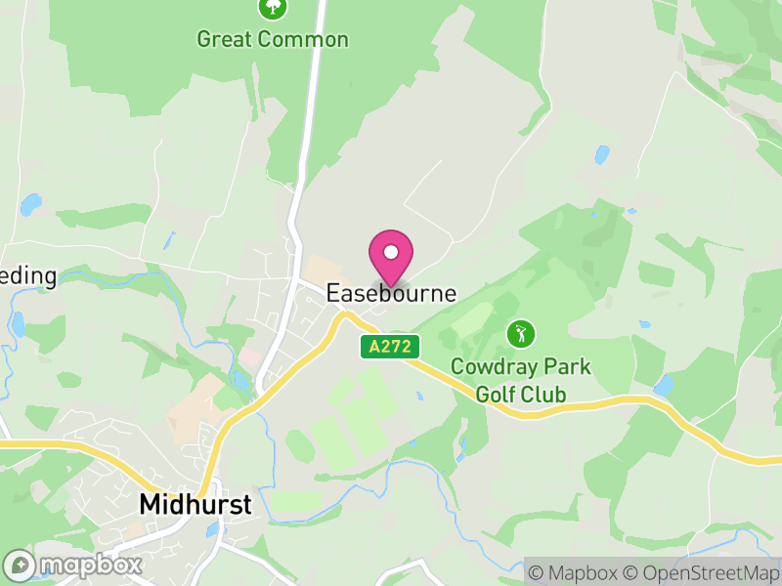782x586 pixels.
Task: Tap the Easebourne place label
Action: (391, 293)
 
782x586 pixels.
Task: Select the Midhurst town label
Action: (195, 504)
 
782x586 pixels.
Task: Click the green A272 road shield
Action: (390, 346)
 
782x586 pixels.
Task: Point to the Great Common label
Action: (272, 40)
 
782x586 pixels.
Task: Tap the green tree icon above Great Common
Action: (272, 8)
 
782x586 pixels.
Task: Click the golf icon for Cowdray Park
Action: (521, 334)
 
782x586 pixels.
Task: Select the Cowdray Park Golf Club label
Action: (520, 381)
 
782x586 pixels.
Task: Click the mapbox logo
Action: (73, 565)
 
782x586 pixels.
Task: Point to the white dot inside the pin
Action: (391, 252)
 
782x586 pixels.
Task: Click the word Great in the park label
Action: (223, 40)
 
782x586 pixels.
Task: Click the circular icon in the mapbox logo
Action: (21, 565)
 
